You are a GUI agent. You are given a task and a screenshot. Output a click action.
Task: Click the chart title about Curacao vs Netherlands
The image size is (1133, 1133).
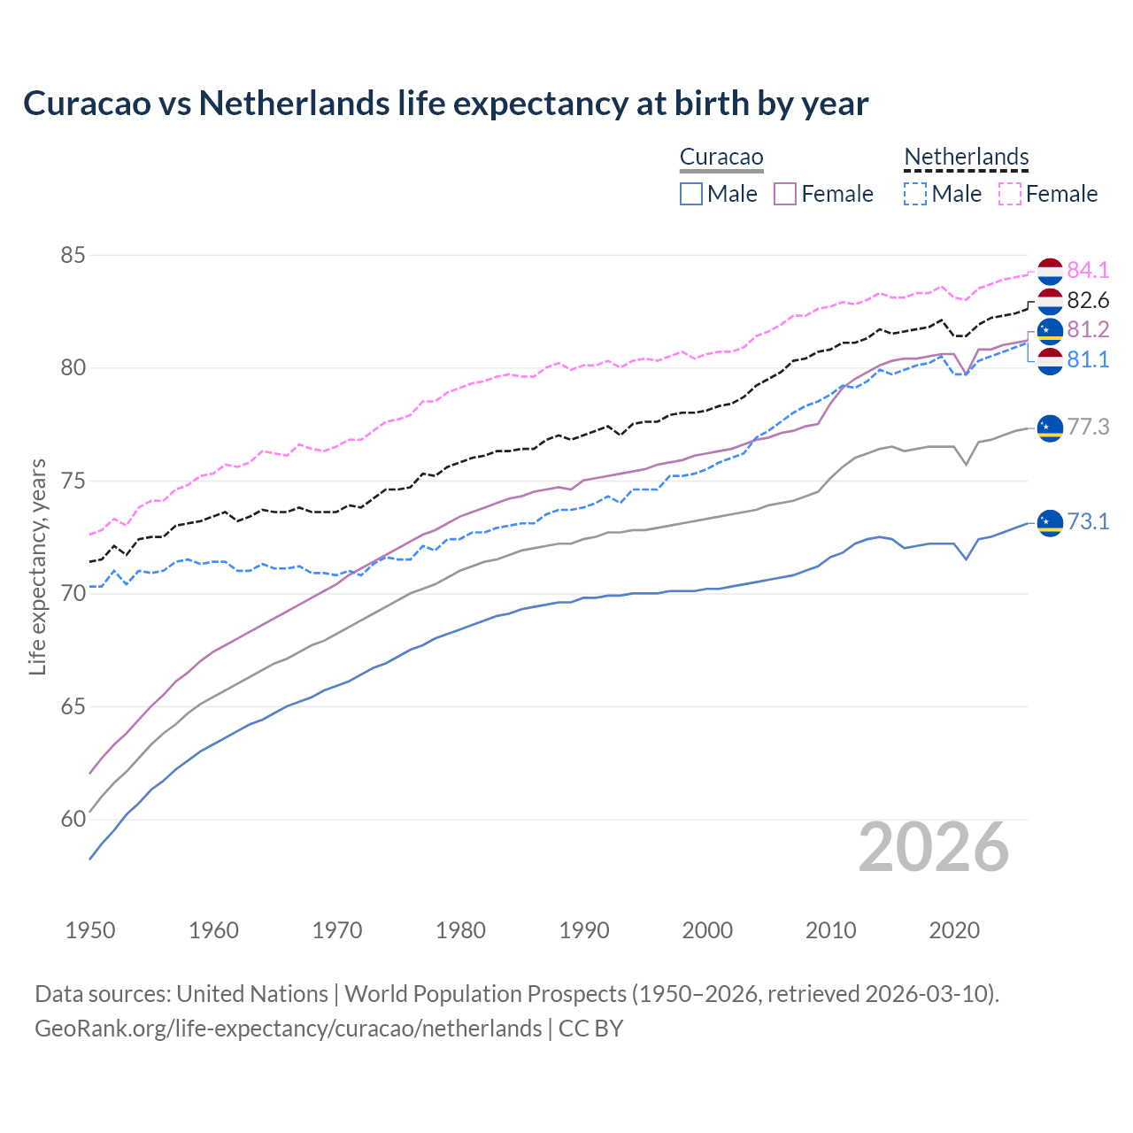coord(445,104)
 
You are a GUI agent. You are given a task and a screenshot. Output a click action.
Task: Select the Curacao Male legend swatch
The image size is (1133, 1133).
coord(691,194)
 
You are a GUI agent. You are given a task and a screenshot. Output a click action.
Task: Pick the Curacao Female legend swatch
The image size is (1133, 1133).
coord(786,194)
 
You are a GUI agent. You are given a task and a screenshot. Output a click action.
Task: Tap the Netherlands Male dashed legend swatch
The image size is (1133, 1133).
coord(915,194)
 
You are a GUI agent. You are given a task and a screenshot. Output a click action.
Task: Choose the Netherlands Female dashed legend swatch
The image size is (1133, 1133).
coord(1010,194)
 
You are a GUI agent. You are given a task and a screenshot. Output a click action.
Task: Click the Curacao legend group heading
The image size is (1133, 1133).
coord(721,158)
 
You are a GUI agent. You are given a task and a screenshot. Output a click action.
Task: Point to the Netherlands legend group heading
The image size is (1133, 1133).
coord(966,158)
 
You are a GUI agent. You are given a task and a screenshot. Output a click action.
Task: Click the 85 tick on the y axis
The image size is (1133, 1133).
coord(73,256)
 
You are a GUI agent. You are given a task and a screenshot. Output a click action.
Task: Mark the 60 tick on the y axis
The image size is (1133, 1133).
coord(73,820)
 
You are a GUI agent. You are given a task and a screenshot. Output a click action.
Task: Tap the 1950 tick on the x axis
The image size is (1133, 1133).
coord(90,930)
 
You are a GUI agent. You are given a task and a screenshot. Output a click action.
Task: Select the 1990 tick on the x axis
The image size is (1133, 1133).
coord(584,930)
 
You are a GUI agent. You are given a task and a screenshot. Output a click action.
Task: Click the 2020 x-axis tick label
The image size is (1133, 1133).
coord(954,930)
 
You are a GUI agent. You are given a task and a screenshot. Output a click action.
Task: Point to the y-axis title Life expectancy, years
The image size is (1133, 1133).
coord(38,566)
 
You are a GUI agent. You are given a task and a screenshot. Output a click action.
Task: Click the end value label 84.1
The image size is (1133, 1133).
coord(1088,270)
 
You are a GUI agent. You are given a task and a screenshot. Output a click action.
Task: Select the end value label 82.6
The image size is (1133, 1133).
coord(1088,301)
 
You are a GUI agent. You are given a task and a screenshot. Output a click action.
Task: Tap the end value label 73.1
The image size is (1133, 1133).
coord(1088,522)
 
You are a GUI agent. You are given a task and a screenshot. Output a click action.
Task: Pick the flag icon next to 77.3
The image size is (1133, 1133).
coord(1050,428)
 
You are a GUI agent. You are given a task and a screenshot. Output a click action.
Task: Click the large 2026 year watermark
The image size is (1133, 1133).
coord(934,848)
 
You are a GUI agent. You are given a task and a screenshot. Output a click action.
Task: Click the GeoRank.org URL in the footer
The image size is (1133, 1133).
coord(288,1029)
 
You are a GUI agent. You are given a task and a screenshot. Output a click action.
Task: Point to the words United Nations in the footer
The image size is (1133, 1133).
coord(252,994)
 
